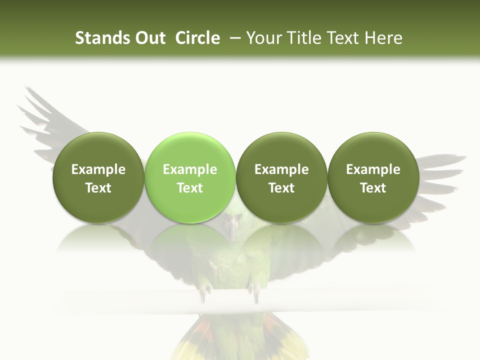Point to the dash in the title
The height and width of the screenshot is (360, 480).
(x=233, y=38)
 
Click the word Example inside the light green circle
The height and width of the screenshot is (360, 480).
(x=190, y=169)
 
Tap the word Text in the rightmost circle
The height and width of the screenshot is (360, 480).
(x=373, y=188)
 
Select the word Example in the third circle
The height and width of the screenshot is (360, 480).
(x=281, y=169)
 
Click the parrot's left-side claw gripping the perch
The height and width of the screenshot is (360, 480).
(x=205, y=292)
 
